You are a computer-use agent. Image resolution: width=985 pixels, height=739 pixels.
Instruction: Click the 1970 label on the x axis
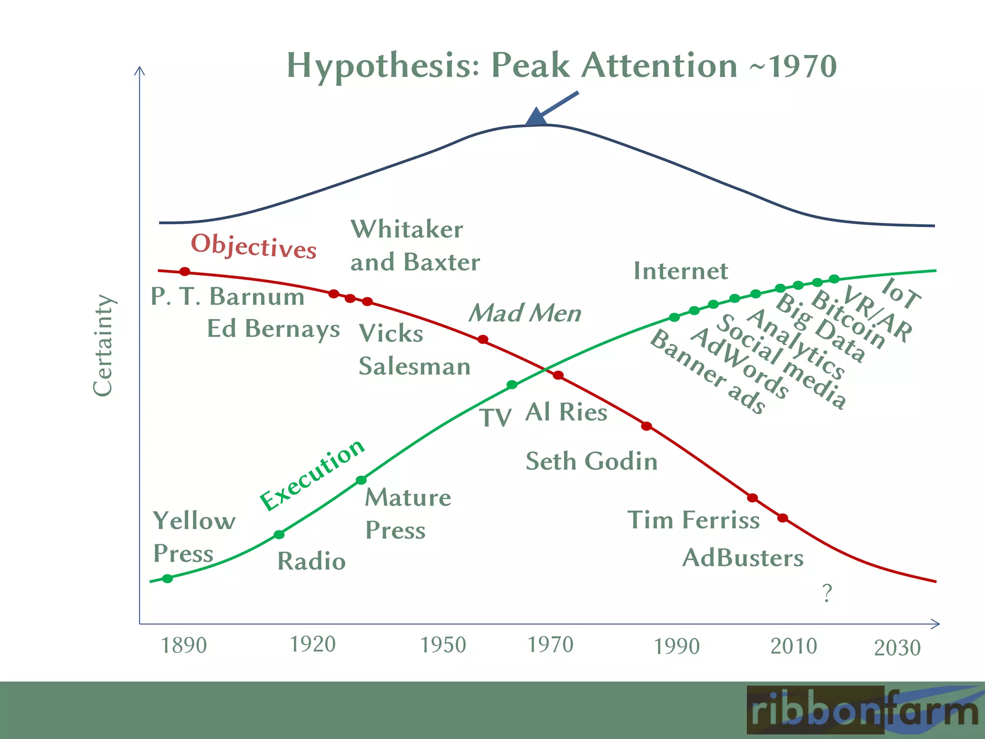click(551, 645)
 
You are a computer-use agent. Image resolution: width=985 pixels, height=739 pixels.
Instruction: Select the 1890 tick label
click(184, 645)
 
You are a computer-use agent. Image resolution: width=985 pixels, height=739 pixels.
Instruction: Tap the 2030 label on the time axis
click(897, 648)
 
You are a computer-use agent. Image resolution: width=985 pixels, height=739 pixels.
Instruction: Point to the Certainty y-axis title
click(103, 345)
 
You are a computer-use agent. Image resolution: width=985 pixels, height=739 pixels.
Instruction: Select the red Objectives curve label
click(253, 246)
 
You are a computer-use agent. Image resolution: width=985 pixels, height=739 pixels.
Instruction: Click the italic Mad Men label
click(525, 313)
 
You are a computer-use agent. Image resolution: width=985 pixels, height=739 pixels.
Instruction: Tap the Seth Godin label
click(591, 461)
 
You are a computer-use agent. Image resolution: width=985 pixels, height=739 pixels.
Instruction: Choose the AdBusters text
click(743, 558)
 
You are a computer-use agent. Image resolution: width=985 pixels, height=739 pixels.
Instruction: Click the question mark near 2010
click(827, 594)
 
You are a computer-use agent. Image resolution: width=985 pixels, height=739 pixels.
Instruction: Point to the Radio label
click(311, 561)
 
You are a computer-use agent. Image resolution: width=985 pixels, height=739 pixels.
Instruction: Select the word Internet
click(681, 271)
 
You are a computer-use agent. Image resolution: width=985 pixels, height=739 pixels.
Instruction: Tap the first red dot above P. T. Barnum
click(185, 272)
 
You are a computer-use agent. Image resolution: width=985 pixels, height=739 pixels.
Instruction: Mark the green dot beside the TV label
click(512, 385)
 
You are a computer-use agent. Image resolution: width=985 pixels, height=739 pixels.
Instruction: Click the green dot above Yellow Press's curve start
click(167, 578)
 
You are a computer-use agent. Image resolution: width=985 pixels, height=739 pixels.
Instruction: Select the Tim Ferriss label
click(694, 520)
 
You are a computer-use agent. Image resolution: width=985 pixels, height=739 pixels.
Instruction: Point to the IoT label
click(901, 293)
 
